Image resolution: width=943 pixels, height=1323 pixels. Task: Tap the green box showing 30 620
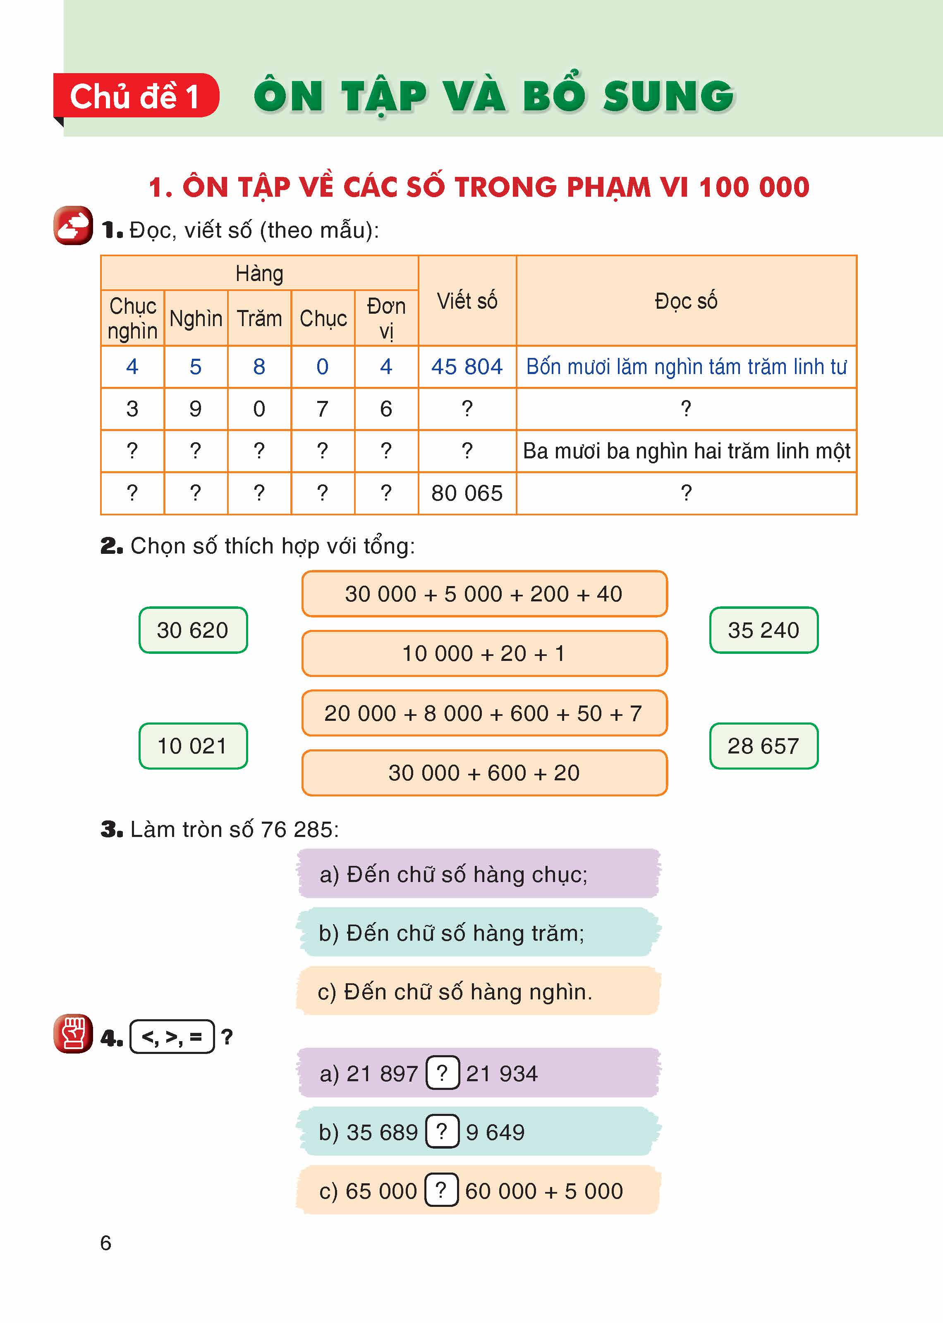pyautogui.click(x=193, y=630)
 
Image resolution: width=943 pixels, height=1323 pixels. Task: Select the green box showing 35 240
pyautogui.click(x=763, y=630)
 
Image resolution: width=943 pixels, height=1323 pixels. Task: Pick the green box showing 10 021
pyautogui.click(x=193, y=746)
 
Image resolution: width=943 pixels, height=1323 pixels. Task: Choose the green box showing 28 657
pyautogui.click(x=763, y=746)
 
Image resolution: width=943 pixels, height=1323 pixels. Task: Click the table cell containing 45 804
pyautogui.click(x=467, y=367)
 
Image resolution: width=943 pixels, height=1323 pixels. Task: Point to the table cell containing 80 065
pyautogui.click(x=467, y=493)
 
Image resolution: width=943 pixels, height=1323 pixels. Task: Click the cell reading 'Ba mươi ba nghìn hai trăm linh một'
pyautogui.click(x=686, y=451)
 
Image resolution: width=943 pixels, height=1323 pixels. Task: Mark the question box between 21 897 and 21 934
pyautogui.click(x=443, y=1073)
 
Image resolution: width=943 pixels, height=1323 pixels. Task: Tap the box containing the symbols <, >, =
pyautogui.click(x=172, y=1036)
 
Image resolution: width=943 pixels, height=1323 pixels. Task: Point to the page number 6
pyautogui.click(x=106, y=1243)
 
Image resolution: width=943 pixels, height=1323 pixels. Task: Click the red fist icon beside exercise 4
pyautogui.click(x=73, y=1033)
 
